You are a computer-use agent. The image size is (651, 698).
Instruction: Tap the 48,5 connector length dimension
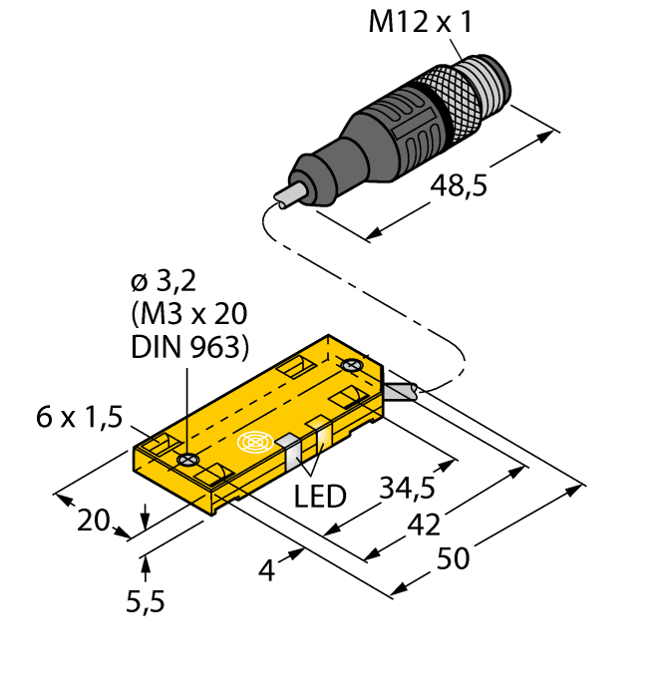click(460, 184)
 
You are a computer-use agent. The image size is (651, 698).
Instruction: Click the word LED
click(320, 496)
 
